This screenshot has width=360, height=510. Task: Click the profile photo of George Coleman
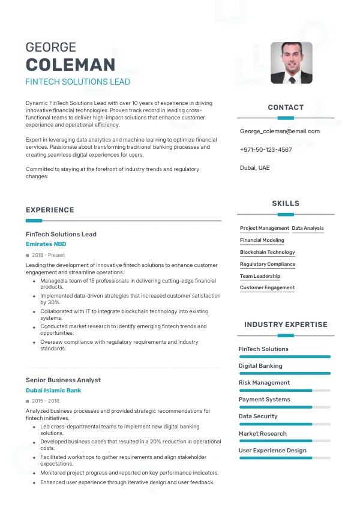click(x=291, y=62)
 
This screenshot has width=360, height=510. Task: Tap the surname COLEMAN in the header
click(x=70, y=65)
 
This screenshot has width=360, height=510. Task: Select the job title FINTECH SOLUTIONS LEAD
click(x=77, y=82)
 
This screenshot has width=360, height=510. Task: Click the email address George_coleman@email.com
click(x=280, y=131)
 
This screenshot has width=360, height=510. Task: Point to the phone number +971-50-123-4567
click(x=266, y=149)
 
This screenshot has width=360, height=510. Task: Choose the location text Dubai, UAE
click(x=255, y=168)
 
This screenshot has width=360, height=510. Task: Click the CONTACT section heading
click(x=286, y=107)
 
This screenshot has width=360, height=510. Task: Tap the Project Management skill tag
click(x=265, y=228)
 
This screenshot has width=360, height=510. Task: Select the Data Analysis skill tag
click(x=308, y=228)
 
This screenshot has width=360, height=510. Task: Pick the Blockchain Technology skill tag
click(x=268, y=252)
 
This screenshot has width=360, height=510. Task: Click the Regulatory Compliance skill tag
click(x=268, y=264)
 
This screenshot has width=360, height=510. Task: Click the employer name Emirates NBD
click(x=46, y=244)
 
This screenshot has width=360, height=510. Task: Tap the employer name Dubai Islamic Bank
click(x=53, y=390)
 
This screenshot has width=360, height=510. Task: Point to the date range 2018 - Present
click(x=48, y=255)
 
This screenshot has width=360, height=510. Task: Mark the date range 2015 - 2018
click(x=46, y=401)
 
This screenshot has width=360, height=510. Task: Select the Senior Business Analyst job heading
click(x=63, y=380)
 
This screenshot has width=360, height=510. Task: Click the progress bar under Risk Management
click(x=285, y=391)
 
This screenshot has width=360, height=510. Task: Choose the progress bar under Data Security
click(x=285, y=424)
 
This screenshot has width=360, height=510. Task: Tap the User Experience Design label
click(x=272, y=450)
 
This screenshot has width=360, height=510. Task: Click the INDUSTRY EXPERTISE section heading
click(x=286, y=325)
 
